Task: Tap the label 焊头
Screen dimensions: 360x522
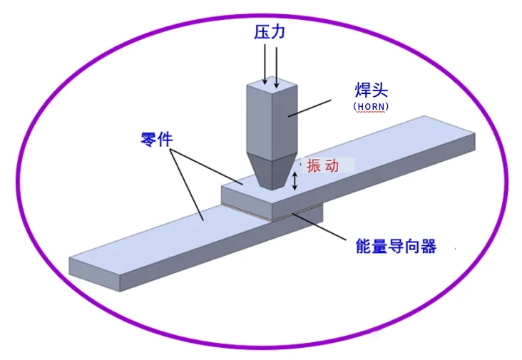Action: pyautogui.click(x=371, y=90)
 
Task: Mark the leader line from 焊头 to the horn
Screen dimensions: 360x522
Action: pyautogui.click(x=313, y=106)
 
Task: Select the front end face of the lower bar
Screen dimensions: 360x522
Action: pyautogui.click(x=96, y=272)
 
